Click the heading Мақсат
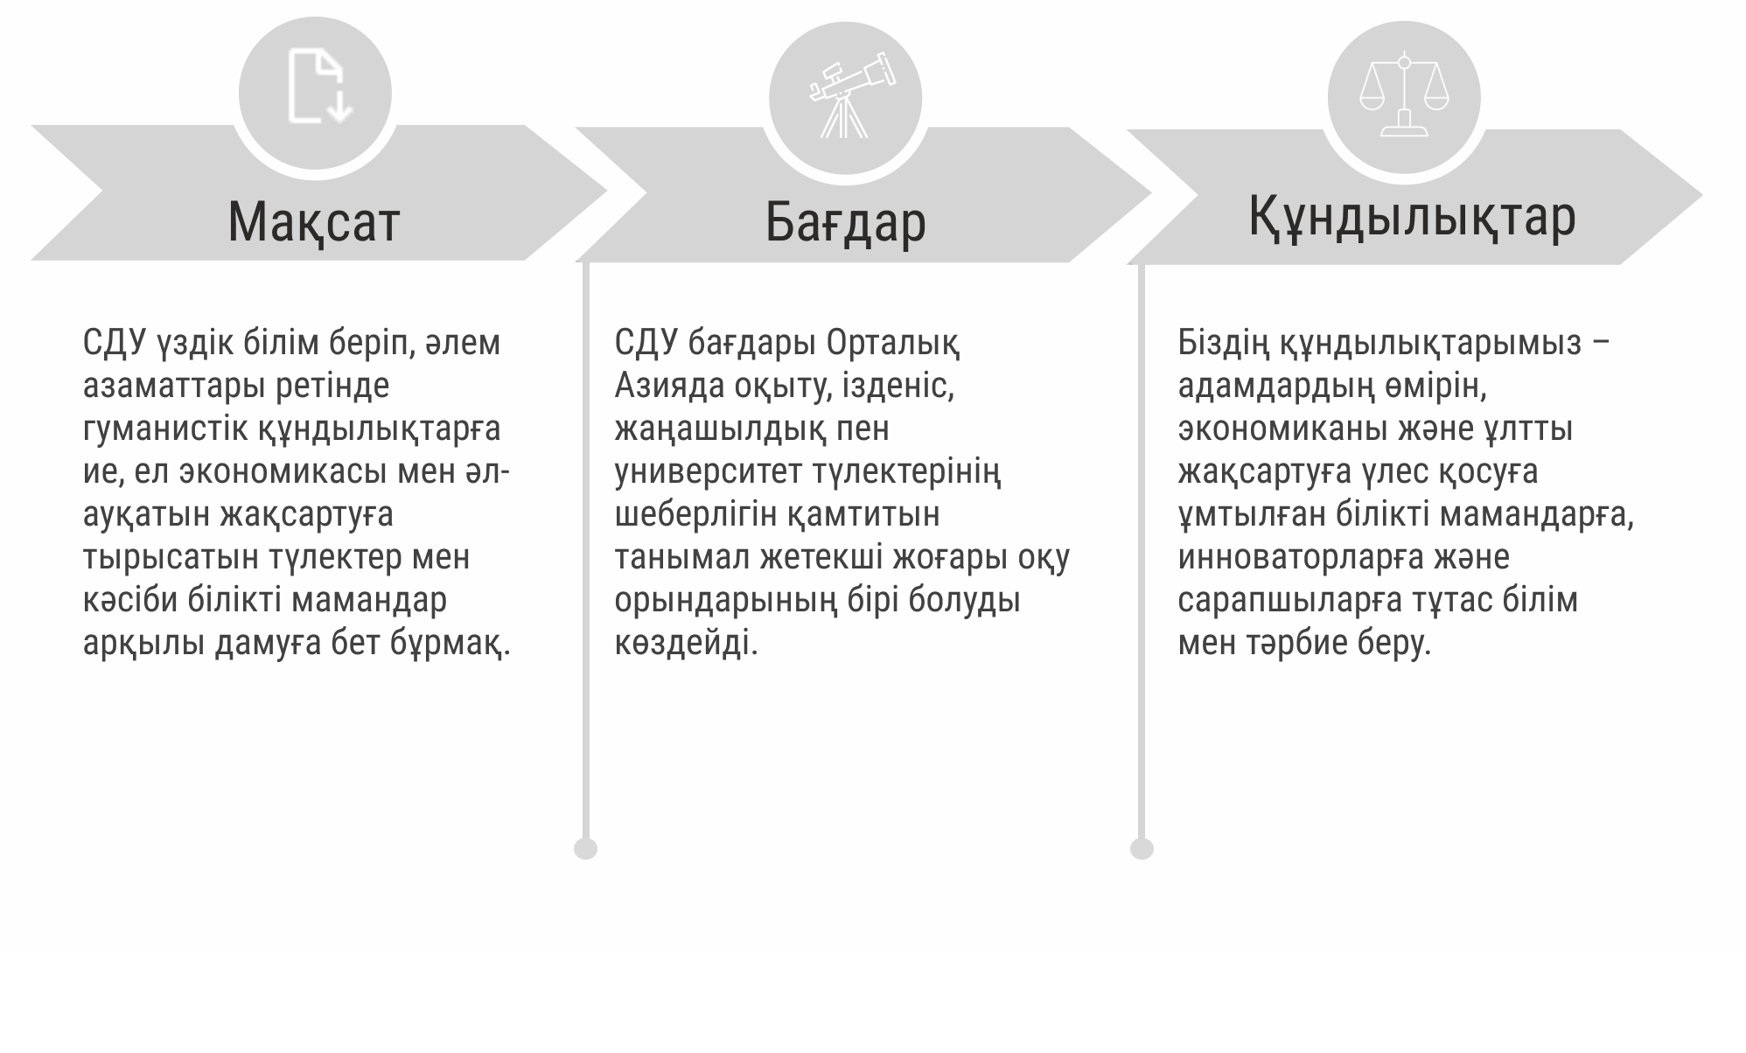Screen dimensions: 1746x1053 pyautogui.click(x=314, y=221)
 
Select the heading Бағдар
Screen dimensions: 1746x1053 pyautogui.click(x=845, y=223)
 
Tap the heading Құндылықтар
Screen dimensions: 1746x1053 pyautogui.click(x=1412, y=218)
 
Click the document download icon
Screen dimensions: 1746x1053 pyautogui.click(x=320, y=87)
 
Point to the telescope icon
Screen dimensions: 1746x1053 pyautogui.click(x=851, y=95)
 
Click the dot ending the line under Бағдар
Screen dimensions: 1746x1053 pyautogui.click(x=585, y=848)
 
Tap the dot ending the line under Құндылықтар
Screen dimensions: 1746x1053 pyautogui.click(x=1142, y=848)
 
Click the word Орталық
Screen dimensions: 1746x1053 pyautogui.click(x=893, y=344)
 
